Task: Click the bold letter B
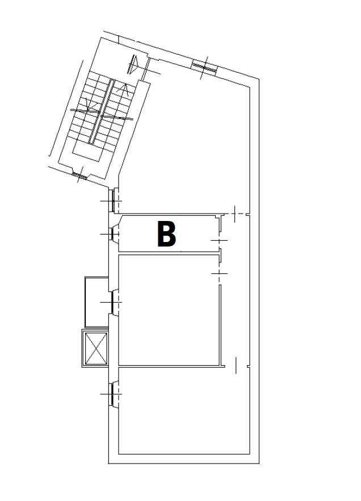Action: tap(166, 235)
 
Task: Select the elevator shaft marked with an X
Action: tap(95, 348)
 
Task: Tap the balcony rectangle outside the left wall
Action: tap(96, 302)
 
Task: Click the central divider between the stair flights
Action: tap(102, 112)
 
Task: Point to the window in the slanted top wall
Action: tap(204, 68)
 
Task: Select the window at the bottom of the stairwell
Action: tap(79, 174)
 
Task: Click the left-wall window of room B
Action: tap(111, 234)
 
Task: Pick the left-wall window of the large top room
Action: tap(113, 201)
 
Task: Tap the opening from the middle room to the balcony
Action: tap(113, 302)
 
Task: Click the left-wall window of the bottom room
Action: tap(112, 394)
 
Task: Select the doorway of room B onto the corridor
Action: tap(220, 240)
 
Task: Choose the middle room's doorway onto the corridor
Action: tap(220, 274)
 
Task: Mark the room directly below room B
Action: tap(169, 310)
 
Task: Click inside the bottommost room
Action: tap(184, 410)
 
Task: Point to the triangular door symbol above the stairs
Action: tap(133, 64)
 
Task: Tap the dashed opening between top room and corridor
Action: tap(235, 214)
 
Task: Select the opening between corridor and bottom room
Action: tap(236, 366)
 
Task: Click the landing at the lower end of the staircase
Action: tap(87, 153)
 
